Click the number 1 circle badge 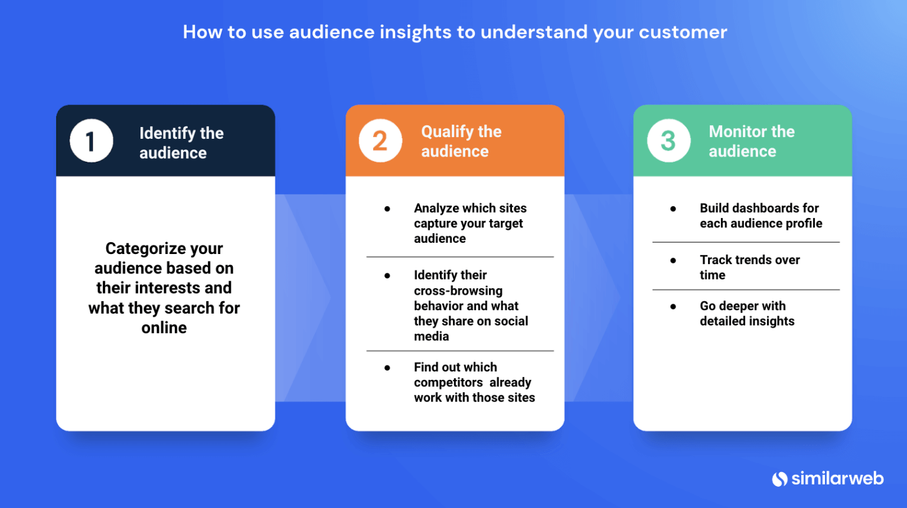pos(91,141)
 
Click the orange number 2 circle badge pos(380,141)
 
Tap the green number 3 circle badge pos(668,141)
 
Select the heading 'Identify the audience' pos(181,143)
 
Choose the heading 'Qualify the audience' pos(461,141)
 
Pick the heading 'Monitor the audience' pos(751,141)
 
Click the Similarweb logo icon pos(780,479)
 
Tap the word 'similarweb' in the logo pos(837,478)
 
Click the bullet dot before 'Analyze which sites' pos(387,209)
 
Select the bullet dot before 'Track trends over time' pos(673,260)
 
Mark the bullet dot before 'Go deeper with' pos(673,307)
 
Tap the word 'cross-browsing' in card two pos(458,291)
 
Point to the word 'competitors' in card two pos(448,383)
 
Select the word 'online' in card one pos(164,328)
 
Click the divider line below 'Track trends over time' pos(745,289)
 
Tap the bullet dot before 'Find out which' pos(387,368)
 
